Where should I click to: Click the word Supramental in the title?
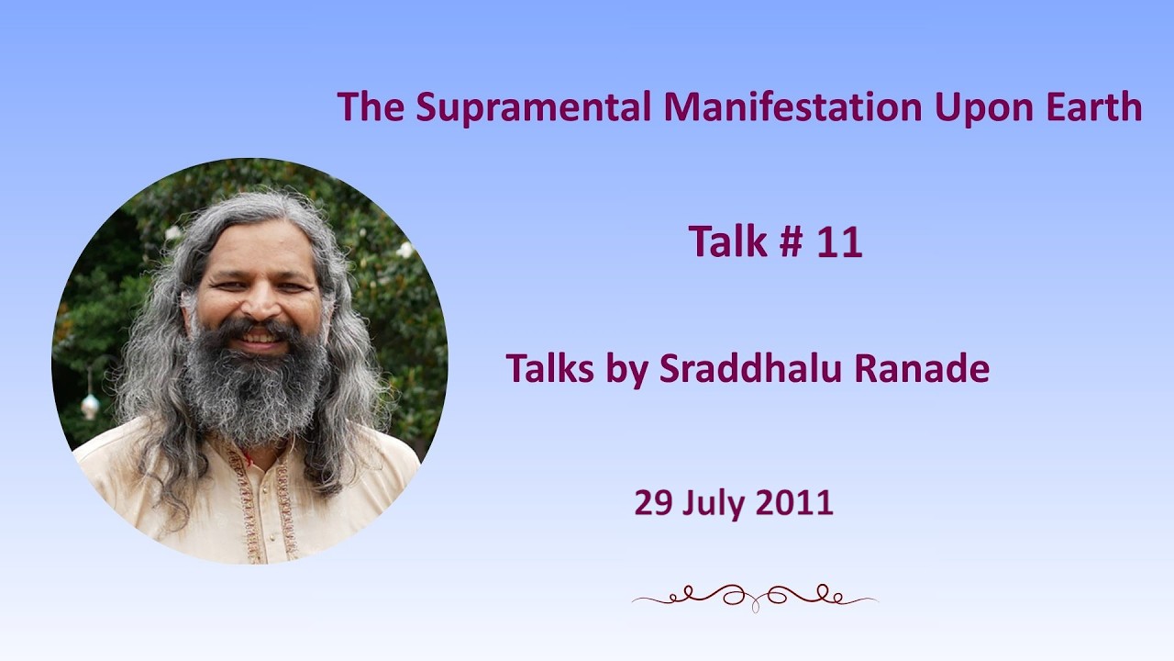(534, 108)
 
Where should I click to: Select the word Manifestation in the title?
(792, 106)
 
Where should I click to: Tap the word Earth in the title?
(1094, 106)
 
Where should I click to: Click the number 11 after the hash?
(839, 241)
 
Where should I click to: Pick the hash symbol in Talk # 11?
(791, 241)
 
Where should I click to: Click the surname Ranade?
(922, 368)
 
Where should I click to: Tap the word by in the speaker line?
(626, 370)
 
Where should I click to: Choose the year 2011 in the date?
(795, 502)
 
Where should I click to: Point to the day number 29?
(653, 502)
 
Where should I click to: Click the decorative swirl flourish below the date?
(755, 597)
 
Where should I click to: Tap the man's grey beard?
(255, 388)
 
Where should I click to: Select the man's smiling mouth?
(260, 339)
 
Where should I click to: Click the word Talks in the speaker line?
(549, 368)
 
